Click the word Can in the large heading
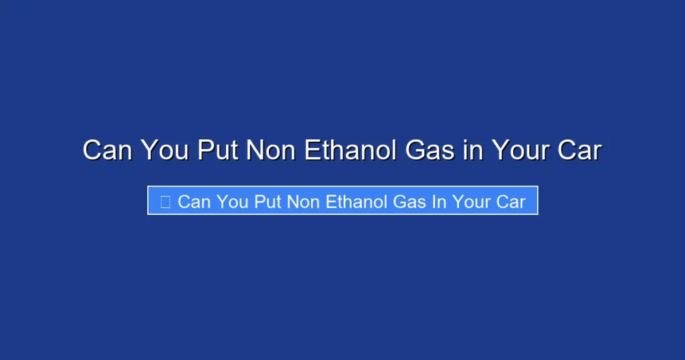[x=107, y=151]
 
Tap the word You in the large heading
[x=167, y=151]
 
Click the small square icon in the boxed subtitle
[x=165, y=201]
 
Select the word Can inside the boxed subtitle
[x=194, y=201]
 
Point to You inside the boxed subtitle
[x=232, y=201]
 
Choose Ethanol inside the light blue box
[x=357, y=201]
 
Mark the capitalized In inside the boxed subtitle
[x=439, y=201]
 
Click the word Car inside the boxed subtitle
[x=510, y=201]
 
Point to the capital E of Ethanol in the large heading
[x=312, y=151]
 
